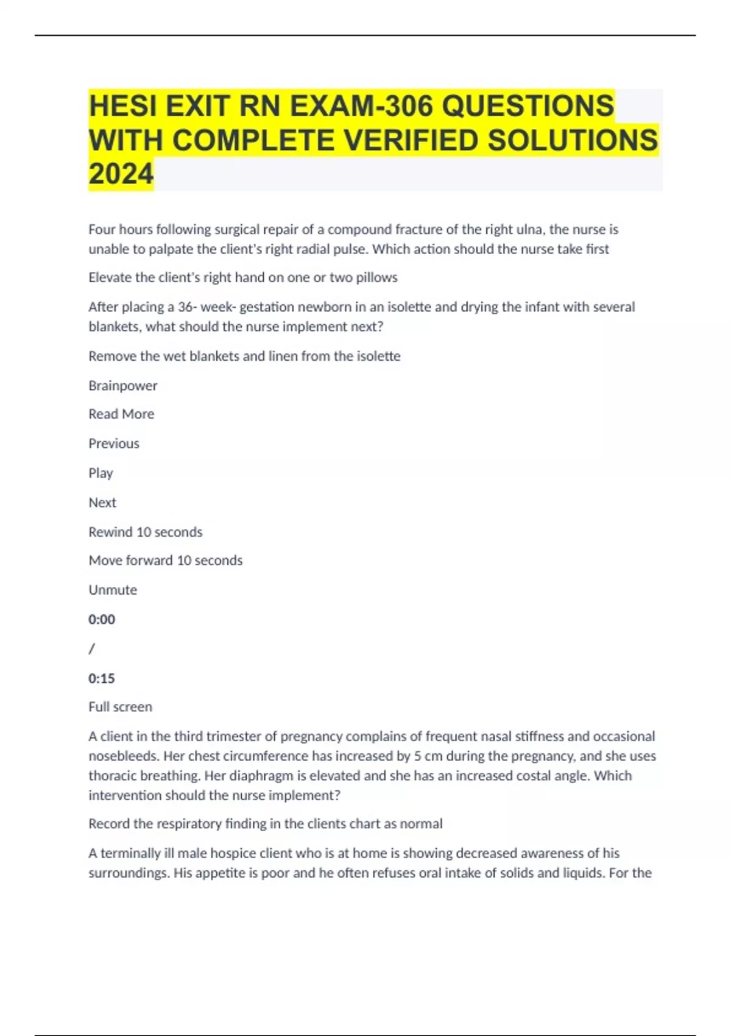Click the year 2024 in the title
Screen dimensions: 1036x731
[x=121, y=174]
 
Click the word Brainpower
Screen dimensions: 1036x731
[x=122, y=386]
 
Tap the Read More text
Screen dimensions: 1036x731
[x=121, y=414]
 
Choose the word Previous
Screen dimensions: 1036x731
[x=114, y=444]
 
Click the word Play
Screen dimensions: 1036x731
[x=101, y=474]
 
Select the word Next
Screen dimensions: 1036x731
[x=102, y=503]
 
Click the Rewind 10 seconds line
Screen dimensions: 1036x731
[x=145, y=532]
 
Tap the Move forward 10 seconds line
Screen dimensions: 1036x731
[x=165, y=561]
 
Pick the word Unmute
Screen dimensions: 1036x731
[x=113, y=590]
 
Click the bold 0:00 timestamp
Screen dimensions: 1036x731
[x=102, y=620]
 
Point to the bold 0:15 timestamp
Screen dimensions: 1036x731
[x=102, y=678]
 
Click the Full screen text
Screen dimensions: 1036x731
[x=120, y=707]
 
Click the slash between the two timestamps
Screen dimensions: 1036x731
[x=92, y=649]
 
